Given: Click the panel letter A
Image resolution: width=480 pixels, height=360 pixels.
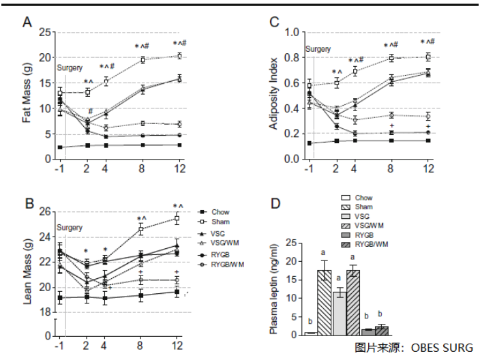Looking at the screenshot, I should pos(27,22).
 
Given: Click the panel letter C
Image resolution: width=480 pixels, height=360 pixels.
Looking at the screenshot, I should pos(275,22).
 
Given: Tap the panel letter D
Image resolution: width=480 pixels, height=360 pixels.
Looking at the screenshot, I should pos(274,203).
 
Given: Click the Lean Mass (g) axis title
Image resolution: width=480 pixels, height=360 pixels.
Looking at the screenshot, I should pos(27,273).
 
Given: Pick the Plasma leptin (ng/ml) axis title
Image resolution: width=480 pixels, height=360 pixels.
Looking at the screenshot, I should pos(274,290).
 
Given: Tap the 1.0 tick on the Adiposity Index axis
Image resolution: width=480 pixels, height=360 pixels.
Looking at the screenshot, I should pos(292,32).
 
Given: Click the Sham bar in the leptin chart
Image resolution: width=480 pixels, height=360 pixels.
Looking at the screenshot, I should pos(324,302).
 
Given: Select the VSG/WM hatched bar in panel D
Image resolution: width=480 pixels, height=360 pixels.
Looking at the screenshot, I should pos(353,302).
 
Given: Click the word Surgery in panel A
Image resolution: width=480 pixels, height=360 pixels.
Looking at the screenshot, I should pos(70,68).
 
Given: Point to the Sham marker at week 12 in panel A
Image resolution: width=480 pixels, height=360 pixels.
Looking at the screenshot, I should pos(179,56).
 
